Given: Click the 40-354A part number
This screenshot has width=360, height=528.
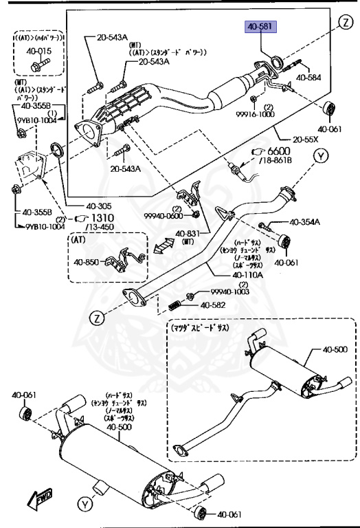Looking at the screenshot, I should point(304,222).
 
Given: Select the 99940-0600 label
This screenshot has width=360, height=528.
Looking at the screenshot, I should point(165,215).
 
